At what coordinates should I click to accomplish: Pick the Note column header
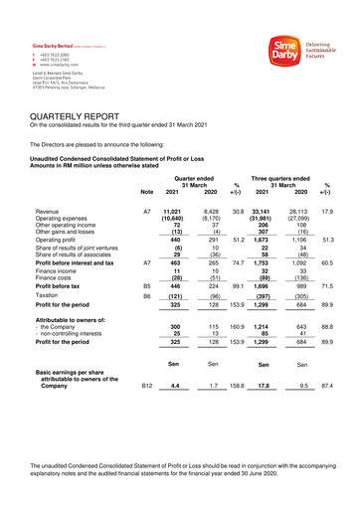pos(147,192)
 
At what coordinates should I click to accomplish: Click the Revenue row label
pos(47,212)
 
